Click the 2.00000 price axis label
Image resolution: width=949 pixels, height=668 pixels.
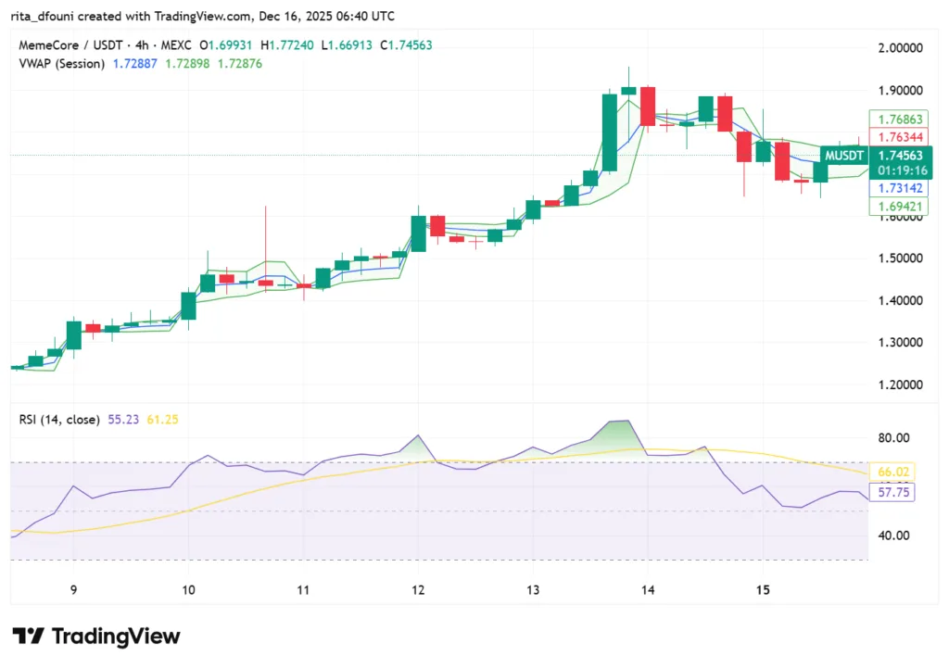click(900, 48)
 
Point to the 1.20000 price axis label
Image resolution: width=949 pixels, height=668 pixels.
click(900, 384)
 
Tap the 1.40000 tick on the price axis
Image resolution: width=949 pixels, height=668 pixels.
click(900, 300)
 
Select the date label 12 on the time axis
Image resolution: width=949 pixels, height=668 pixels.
click(418, 589)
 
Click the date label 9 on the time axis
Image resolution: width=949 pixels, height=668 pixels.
click(73, 589)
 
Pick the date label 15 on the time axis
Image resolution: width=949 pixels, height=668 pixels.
click(764, 589)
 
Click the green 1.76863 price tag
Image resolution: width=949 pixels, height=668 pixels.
click(899, 120)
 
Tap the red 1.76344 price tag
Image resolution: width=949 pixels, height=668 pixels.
click(899, 137)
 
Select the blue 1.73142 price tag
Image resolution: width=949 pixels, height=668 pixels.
click(899, 188)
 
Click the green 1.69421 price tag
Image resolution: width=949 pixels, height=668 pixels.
click(899, 206)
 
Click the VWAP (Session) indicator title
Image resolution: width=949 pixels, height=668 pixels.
click(61, 63)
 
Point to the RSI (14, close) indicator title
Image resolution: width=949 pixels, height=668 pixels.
click(59, 420)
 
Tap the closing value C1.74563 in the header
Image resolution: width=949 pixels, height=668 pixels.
click(399, 44)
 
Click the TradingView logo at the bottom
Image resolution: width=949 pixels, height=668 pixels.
click(96, 636)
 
